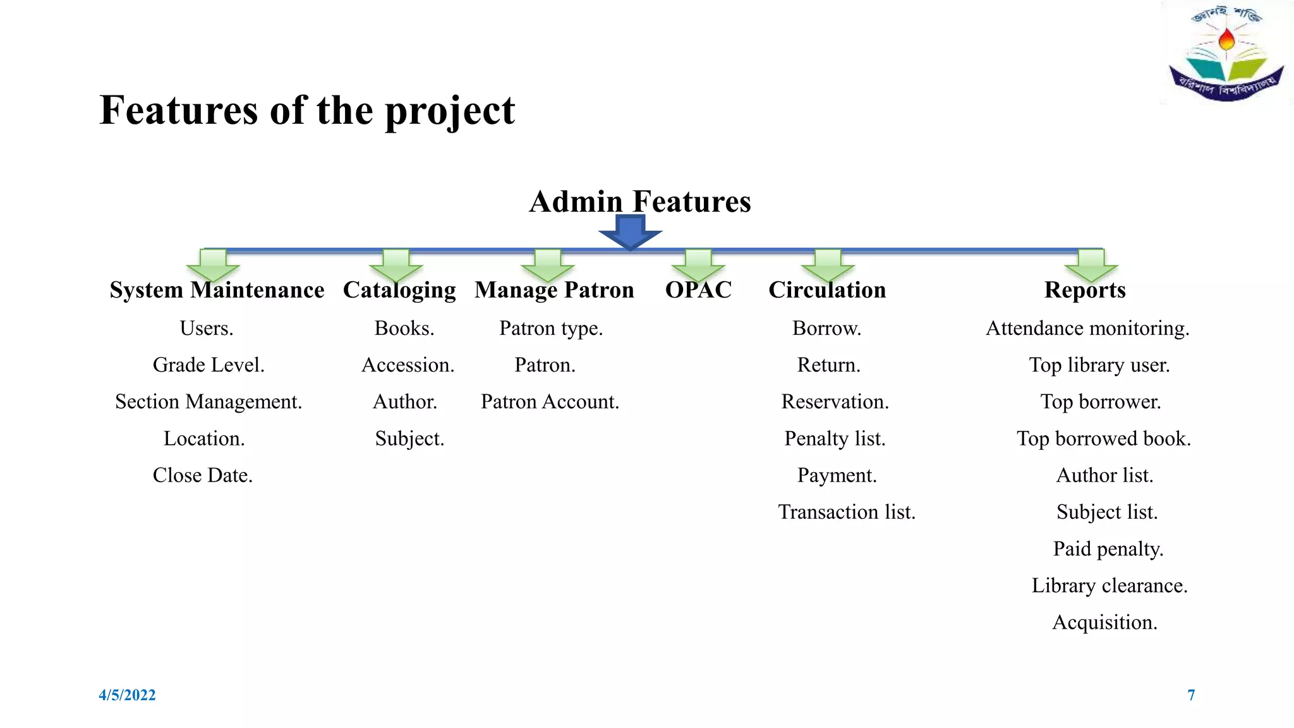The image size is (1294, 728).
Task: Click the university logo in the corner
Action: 1226,53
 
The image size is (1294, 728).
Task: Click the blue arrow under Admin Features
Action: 630,232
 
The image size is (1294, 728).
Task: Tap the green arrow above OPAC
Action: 698,265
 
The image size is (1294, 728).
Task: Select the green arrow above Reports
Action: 1091,265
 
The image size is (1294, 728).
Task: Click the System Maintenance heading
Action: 217,290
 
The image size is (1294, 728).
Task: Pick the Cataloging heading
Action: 399,290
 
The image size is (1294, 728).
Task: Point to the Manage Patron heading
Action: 554,290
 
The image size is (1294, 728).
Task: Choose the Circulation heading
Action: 827,290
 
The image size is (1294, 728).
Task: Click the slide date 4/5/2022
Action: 127,695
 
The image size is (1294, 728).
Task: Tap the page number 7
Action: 1191,695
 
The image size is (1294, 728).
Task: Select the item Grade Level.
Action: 209,365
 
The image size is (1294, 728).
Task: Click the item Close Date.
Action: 203,475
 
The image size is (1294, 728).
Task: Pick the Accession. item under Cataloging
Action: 408,365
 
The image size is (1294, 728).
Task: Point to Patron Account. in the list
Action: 550,402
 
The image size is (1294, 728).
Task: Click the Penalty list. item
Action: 835,439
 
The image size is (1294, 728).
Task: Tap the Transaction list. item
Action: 847,512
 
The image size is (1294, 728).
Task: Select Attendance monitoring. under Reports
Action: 1087,329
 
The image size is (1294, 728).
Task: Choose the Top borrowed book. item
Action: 1103,439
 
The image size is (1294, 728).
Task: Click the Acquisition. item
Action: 1104,622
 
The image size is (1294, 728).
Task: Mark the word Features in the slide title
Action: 179,111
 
